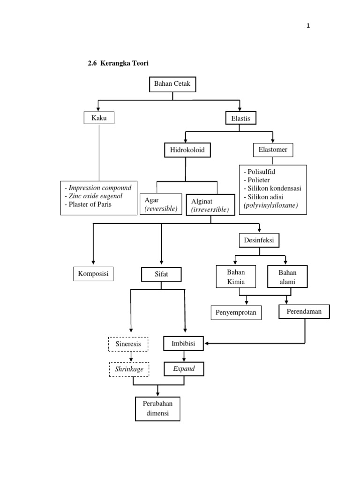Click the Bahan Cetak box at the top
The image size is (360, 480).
click(x=172, y=84)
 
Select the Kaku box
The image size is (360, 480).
click(x=99, y=118)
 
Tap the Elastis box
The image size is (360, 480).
click(x=240, y=118)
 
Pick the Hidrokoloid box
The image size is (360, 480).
click(x=187, y=150)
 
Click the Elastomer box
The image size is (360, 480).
click(x=273, y=150)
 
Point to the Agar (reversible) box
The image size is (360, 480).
click(x=161, y=204)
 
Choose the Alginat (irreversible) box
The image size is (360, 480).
click(x=210, y=205)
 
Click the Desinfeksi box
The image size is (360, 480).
click(x=259, y=240)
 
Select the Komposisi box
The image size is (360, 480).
click(x=93, y=274)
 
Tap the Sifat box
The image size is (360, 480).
click(x=161, y=274)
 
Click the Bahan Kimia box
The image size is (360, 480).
click(x=236, y=277)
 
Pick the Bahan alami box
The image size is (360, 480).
click(x=287, y=277)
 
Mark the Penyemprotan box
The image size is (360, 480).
click(x=236, y=313)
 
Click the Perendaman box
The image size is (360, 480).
click(x=304, y=312)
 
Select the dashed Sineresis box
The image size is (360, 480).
click(x=128, y=344)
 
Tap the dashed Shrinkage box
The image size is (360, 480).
click(x=129, y=369)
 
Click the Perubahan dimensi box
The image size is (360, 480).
click(x=157, y=409)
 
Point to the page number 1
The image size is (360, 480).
click(x=308, y=26)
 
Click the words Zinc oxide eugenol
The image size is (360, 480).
click(x=96, y=196)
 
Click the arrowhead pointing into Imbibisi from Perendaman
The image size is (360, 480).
click(x=206, y=344)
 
